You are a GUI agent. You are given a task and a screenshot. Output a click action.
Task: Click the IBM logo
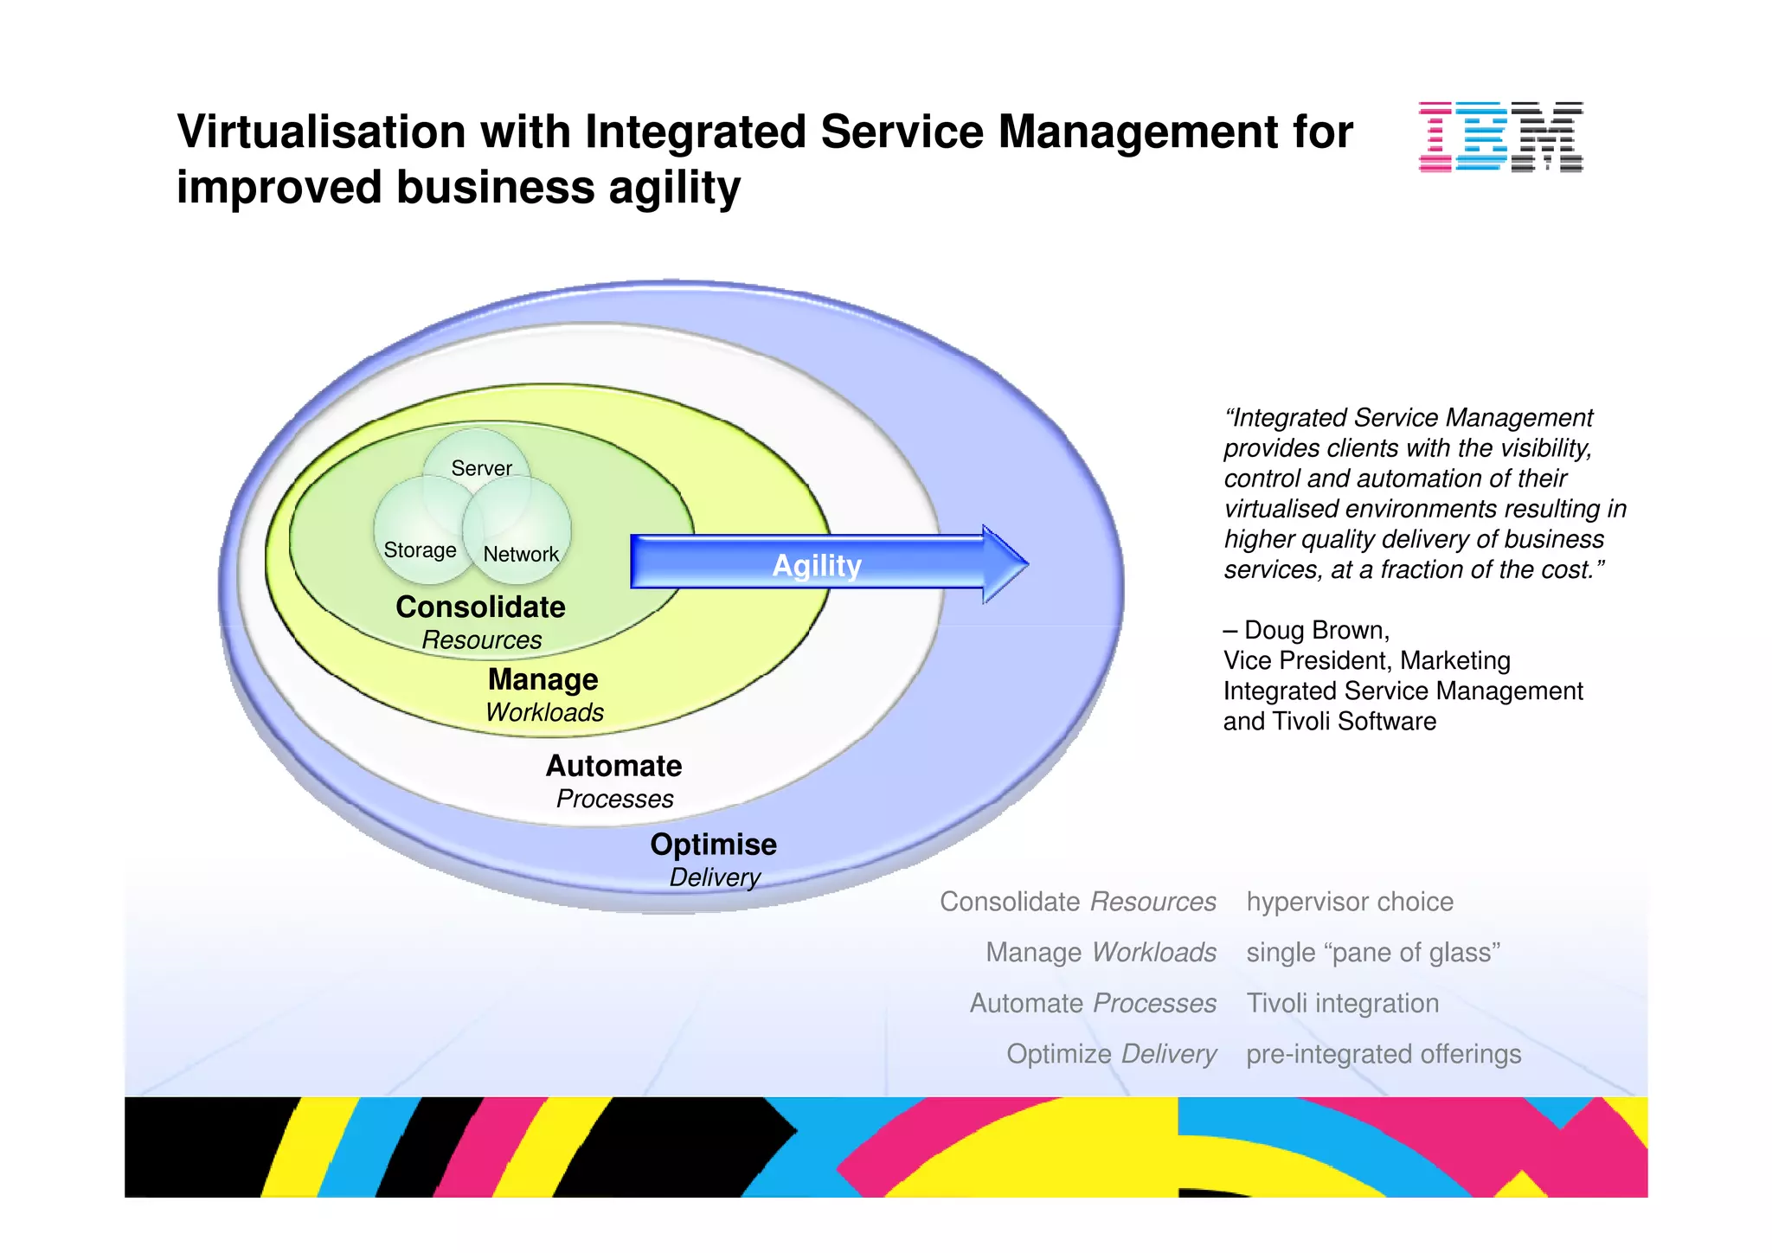point(1500,137)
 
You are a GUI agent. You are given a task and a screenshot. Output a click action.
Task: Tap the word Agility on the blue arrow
point(816,565)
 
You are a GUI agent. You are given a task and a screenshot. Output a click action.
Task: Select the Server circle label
point(481,468)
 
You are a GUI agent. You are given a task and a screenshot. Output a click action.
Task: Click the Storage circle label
point(420,550)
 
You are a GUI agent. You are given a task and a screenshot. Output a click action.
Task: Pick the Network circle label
point(521,554)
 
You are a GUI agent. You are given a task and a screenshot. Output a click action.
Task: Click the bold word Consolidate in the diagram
point(480,607)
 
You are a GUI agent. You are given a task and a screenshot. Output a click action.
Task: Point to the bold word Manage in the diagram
point(543,679)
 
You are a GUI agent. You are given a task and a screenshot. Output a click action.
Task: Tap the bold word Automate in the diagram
point(613,766)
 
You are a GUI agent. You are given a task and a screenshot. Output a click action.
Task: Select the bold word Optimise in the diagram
point(713,844)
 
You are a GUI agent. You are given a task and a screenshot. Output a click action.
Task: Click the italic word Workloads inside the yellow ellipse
point(544,712)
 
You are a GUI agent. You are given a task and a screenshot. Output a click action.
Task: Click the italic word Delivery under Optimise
point(715,877)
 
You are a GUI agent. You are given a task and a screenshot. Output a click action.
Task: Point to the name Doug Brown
point(1315,630)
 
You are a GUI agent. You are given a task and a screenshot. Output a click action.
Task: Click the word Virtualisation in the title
point(321,132)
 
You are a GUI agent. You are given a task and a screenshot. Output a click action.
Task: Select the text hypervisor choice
point(1349,902)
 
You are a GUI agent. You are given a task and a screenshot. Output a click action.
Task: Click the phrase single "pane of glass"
point(1373,952)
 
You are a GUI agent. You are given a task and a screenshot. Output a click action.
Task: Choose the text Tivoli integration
point(1342,1003)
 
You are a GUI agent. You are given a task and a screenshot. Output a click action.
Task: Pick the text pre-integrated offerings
point(1383,1054)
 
